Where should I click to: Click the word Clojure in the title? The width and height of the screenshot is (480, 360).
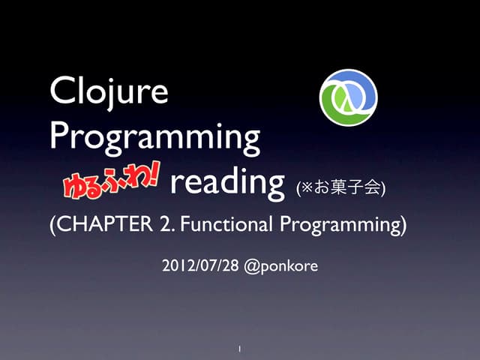(109, 92)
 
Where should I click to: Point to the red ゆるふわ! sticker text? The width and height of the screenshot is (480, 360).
(114, 181)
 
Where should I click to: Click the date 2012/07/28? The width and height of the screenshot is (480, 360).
(199, 265)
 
